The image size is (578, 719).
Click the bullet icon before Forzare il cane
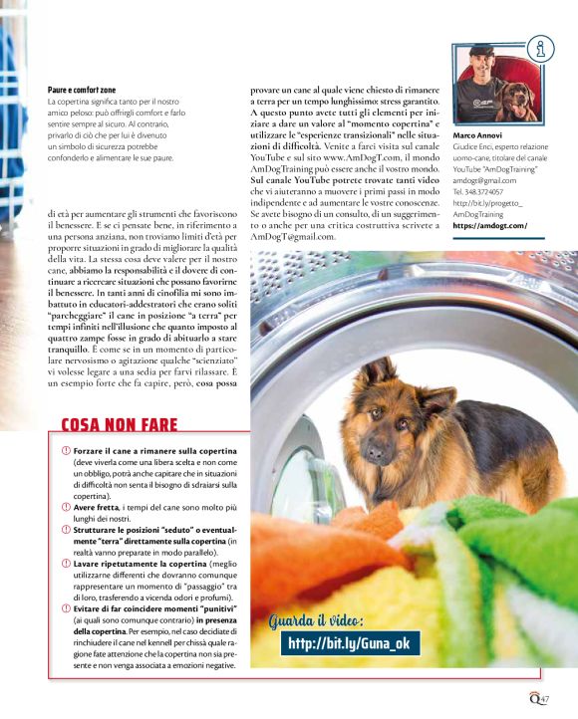65,452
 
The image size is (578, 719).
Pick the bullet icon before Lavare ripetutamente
65,566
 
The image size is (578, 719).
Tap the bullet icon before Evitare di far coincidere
65,607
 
